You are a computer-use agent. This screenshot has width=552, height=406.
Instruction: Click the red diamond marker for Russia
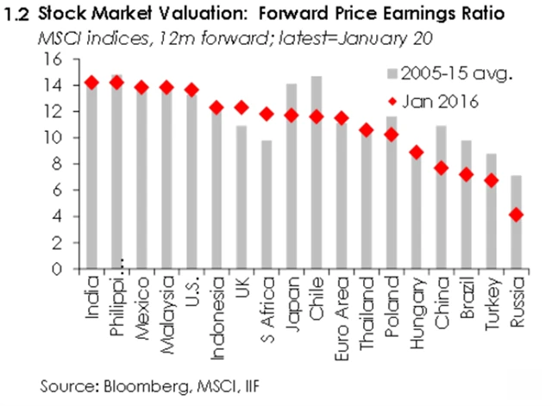pos(517,215)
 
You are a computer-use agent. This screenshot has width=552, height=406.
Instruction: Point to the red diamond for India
pos(92,83)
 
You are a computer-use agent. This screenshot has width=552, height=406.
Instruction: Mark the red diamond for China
pos(442,168)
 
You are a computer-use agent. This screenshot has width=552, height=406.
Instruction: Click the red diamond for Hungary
pos(417,153)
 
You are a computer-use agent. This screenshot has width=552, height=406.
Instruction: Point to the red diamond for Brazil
pos(467,174)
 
